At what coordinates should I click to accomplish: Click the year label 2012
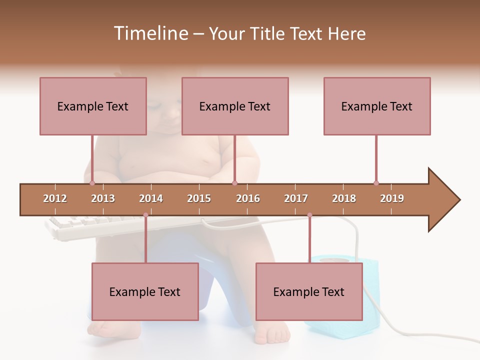tap(55, 198)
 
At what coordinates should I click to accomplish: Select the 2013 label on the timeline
tap(103, 198)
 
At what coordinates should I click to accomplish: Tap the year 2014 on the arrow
tap(151, 198)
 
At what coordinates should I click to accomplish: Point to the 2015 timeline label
tap(199, 198)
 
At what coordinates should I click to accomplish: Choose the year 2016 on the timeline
tap(248, 198)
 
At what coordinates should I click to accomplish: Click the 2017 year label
tap(296, 198)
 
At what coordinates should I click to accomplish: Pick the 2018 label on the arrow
tap(344, 198)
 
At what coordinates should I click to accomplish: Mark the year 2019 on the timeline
tap(392, 198)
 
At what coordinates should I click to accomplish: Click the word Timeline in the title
tap(150, 33)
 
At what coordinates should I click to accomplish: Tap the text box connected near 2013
tap(93, 106)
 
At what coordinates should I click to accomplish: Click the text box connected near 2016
tap(235, 106)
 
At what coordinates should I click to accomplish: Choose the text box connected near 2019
tap(377, 106)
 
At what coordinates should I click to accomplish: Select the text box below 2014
tap(145, 291)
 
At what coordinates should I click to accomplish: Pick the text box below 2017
tap(309, 291)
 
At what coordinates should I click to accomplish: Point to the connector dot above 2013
tap(92, 183)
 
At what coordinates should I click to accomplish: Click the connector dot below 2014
tap(145, 215)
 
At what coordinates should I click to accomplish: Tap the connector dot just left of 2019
tap(376, 183)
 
